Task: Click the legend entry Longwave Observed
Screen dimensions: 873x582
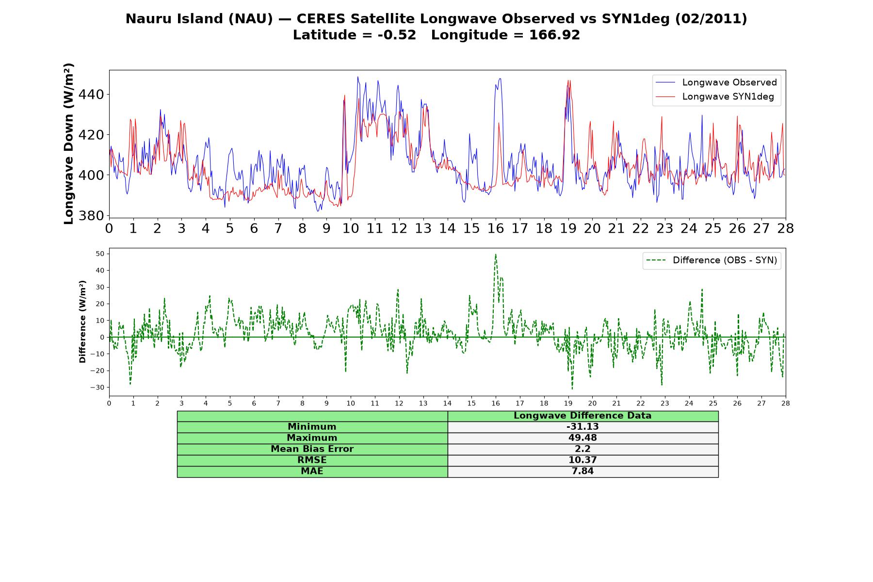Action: [716, 82]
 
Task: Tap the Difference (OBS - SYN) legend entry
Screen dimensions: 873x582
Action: [711, 260]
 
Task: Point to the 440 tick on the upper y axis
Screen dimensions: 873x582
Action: [91, 94]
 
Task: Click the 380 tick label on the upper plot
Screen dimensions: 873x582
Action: [91, 215]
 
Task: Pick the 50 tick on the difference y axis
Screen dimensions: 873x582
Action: [100, 254]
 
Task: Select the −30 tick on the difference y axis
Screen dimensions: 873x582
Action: [97, 388]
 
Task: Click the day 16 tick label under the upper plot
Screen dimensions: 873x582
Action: [496, 228]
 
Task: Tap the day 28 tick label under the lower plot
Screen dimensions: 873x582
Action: [786, 403]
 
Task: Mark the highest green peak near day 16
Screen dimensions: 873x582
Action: [495, 254]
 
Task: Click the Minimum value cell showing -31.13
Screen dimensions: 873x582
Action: [582, 427]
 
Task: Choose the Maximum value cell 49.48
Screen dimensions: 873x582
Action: [582, 438]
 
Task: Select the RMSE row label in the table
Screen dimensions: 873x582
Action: [312, 460]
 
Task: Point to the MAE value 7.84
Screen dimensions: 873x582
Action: [582, 471]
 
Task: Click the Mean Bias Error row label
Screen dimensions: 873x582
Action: [312, 449]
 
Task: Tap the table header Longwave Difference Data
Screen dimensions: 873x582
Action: [582, 416]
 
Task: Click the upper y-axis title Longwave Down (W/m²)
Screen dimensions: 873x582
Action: [68, 144]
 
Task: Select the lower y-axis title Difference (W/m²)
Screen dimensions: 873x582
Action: [82, 322]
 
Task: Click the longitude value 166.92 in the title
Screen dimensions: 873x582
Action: [555, 35]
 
